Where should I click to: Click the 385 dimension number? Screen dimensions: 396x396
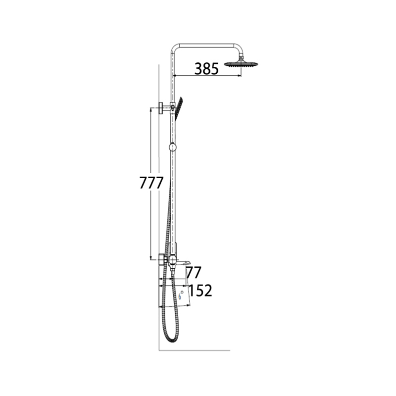[206, 69]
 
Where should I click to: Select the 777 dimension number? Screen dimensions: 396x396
[151, 183]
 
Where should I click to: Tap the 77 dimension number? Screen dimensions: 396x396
[194, 272]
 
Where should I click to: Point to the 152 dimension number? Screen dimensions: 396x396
[200, 291]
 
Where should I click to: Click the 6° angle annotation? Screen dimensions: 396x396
[181, 295]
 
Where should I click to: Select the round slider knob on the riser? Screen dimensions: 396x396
[173, 147]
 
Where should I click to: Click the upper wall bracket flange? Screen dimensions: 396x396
[160, 108]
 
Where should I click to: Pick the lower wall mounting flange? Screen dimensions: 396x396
[162, 259]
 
